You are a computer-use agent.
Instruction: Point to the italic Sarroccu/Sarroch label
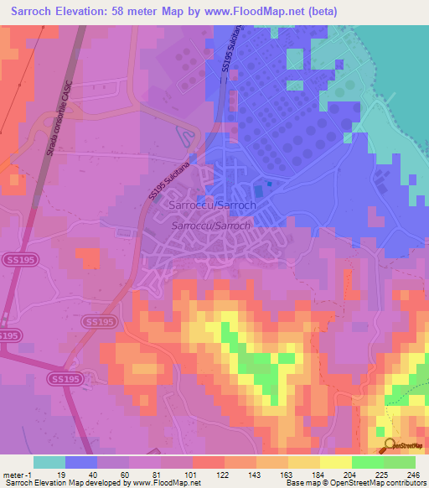pos(211,226)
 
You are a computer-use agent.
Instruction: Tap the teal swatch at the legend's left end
pos(49,462)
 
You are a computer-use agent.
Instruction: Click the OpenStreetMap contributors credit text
pos(361,483)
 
